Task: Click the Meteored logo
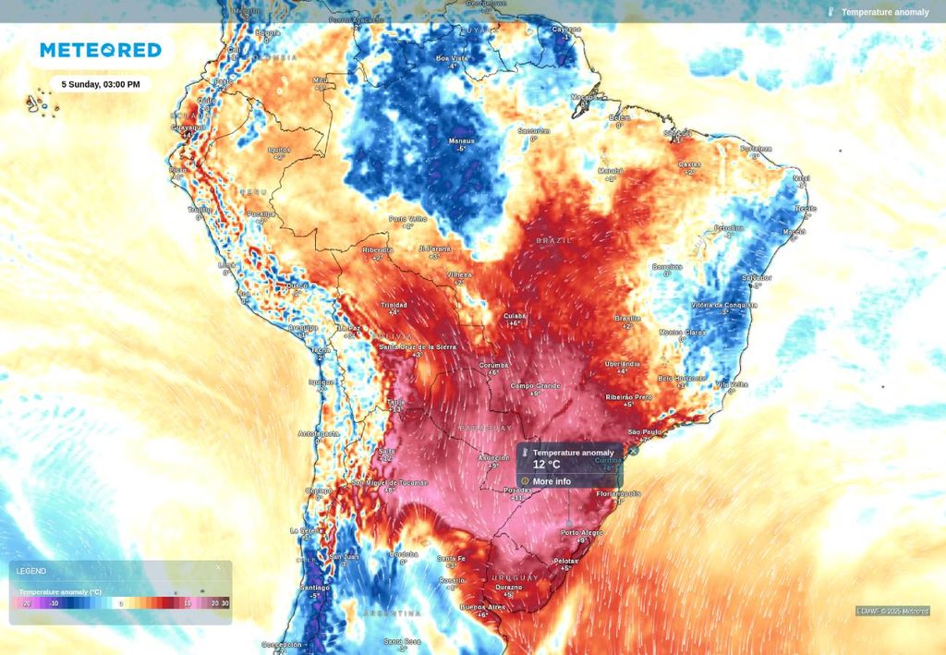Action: pyautogui.click(x=100, y=50)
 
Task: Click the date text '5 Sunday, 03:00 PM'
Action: pyautogui.click(x=101, y=84)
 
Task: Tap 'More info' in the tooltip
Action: pyautogui.click(x=552, y=481)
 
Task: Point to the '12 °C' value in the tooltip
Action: pyautogui.click(x=546, y=465)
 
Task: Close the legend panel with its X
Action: pyautogui.click(x=219, y=567)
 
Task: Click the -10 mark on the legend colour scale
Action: pyautogui.click(x=55, y=603)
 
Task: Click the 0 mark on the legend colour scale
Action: pyautogui.click(x=120, y=603)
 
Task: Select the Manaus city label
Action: pyautogui.click(x=461, y=141)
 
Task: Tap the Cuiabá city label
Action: pyautogui.click(x=514, y=316)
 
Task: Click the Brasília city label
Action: pyautogui.click(x=627, y=318)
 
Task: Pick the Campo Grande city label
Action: pyautogui.click(x=535, y=385)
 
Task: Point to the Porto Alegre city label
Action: pyautogui.click(x=581, y=532)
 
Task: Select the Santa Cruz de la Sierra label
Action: pyautogui.click(x=418, y=346)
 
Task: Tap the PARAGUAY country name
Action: pyautogui.click(x=485, y=429)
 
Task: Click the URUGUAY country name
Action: pyautogui.click(x=515, y=577)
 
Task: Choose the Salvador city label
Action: pyautogui.click(x=757, y=277)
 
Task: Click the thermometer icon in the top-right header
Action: pyautogui.click(x=831, y=12)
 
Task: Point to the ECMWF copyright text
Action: pyautogui.click(x=891, y=611)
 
